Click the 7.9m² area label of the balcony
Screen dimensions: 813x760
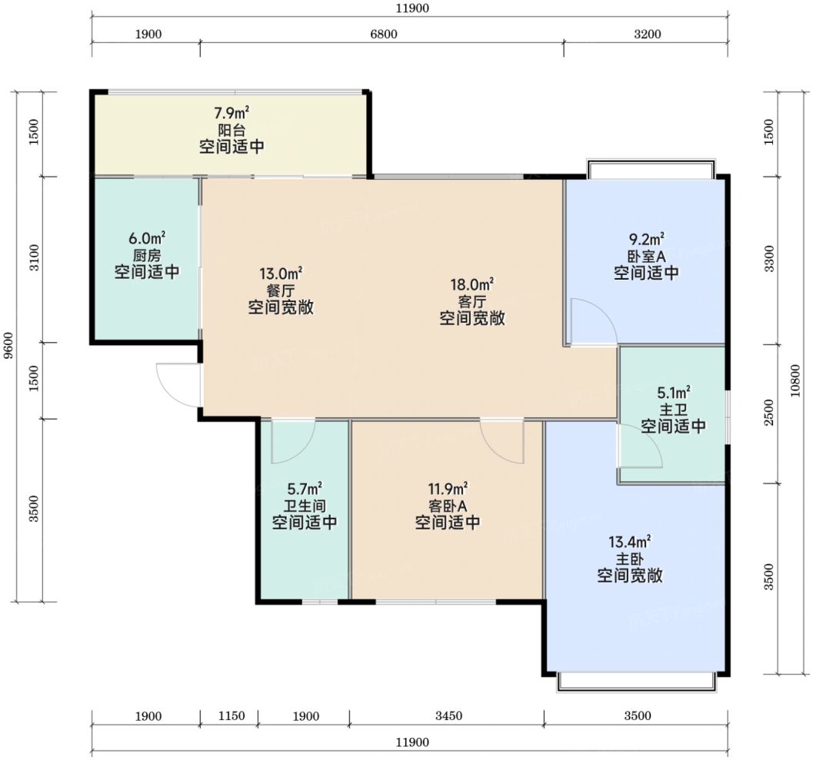pos(232,112)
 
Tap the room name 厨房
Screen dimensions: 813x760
pos(147,255)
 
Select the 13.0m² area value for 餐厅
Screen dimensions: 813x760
pos(281,273)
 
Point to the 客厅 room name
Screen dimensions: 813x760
pos(471,301)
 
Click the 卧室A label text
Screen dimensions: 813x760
pos(646,257)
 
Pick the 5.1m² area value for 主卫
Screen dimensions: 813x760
pos(674,392)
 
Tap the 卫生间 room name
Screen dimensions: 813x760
pos(305,506)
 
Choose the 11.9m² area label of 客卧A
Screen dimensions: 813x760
pos(448,489)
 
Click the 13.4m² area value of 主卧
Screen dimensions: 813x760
pos(629,542)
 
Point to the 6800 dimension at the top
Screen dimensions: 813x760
pos(384,34)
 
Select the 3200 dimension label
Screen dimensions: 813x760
pos(648,34)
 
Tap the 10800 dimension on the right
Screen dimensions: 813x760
pos(795,380)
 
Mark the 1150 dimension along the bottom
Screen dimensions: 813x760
pos(232,716)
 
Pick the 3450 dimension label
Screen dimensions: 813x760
pos(448,716)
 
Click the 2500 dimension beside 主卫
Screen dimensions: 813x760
pos(769,413)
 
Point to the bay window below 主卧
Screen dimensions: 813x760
pos(637,682)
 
